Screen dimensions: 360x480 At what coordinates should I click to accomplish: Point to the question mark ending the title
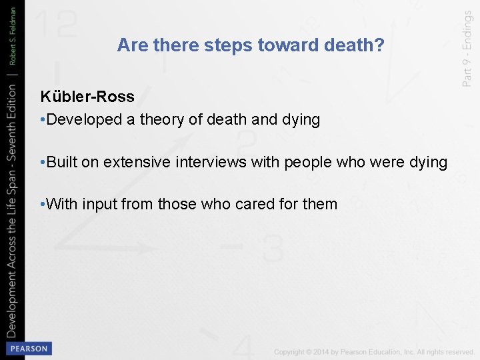(x=380, y=45)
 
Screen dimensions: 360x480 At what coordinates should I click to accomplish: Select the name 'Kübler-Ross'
(x=87, y=97)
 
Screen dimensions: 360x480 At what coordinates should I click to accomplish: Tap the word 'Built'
(x=63, y=162)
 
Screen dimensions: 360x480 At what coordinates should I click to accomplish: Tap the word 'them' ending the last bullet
(x=320, y=204)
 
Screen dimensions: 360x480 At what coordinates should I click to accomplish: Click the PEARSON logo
(x=29, y=349)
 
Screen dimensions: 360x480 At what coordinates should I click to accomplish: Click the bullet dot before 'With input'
(x=43, y=204)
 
